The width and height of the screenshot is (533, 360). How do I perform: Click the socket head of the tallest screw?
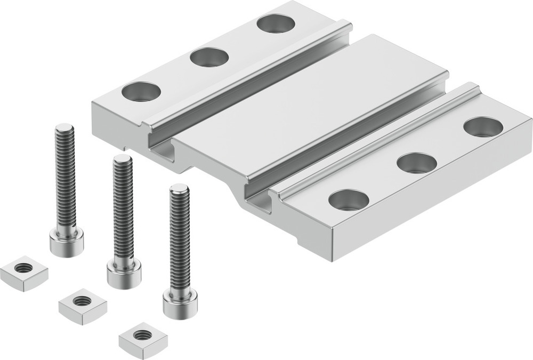(x=67, y=243)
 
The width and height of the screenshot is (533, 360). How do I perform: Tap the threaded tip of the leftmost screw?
(x=64, y=129)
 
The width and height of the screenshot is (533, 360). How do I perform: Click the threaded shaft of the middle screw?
(x=123, y=208)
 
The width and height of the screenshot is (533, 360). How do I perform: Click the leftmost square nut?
(x=23, y=272)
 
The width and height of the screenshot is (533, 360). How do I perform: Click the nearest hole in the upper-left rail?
(x=141, y=91)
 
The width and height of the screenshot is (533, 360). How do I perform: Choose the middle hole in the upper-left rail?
(x=209, y=57)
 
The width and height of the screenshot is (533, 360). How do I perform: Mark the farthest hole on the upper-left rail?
(x=276, y=23)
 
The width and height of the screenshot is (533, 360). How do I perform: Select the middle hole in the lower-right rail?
(x=417, y=163)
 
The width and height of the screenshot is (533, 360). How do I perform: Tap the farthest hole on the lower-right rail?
(x=483, y=126)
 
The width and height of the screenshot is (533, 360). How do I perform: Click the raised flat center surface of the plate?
(x=314, y=107)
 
